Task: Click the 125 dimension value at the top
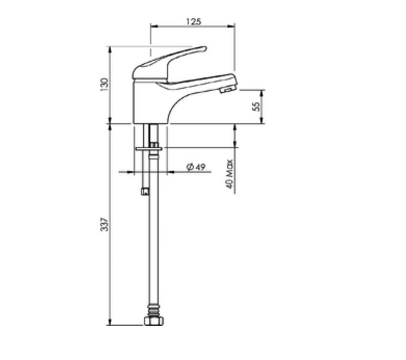click(x=193, y=21)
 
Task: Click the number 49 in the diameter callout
click(x=200, y=167)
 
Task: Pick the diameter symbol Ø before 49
click(x=189, y=167)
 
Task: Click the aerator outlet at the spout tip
click(x=227, y=90)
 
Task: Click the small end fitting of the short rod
click(x=144, y=192)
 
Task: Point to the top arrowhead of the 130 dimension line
click(x=109, y=49)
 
